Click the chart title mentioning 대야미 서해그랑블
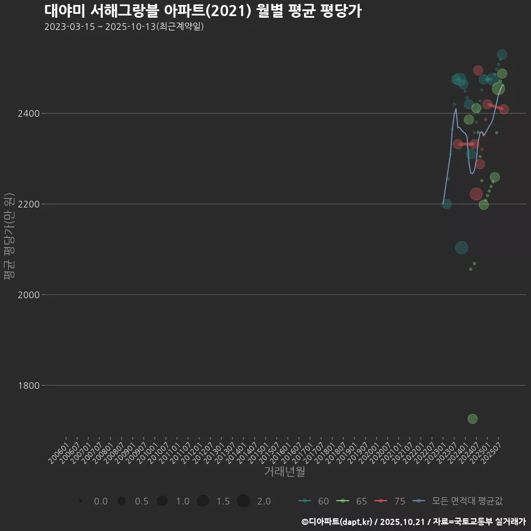click(202, 11)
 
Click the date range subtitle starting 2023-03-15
click(124, 27)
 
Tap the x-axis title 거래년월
click(284, 472)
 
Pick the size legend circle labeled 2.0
click(244, 501)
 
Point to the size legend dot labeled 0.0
click(81, 501)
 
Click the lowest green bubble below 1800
click(472, 419)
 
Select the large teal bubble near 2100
click(461, 248)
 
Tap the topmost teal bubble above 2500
click(502, 54)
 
